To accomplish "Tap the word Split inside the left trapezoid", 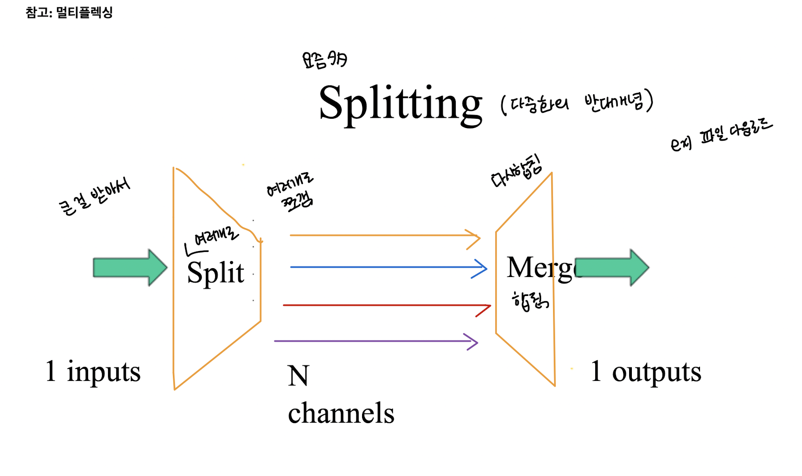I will tap(215, 272).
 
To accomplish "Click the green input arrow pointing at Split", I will tap(129, 268).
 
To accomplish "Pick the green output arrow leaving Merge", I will tap(612, 268).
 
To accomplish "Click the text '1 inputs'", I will tap(93, 372).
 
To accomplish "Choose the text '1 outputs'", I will tap(646, 372).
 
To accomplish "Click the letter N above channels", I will tap(298, 376).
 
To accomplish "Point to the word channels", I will tap(341, 413).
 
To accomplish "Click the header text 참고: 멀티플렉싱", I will tap(69, 13).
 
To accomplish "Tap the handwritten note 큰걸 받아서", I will tap(95, 197).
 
